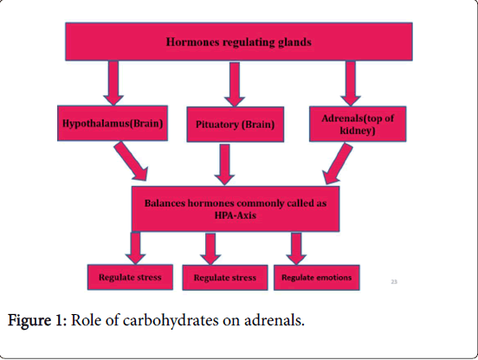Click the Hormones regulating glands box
(x=239, y=42)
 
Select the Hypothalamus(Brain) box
(x=113, y=123)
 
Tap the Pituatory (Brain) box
(x=235, y=125)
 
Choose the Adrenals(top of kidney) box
(x=358, y=124)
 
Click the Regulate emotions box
(x=317, y=278)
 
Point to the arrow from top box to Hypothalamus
(x=113, y=83)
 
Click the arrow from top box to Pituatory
(x=235, y=85)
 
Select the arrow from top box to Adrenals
(x=351, y=83)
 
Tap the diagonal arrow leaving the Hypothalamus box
(x=132, y=161)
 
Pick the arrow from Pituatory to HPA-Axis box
(x=224, y=164)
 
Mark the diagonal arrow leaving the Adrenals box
(x=337, y=164)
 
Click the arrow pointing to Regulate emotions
(x=296, y=248)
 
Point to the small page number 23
(x=394, y=282)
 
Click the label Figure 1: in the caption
(x=37, y=320)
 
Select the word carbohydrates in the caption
(x=171, y=321)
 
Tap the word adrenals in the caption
(x=274, y=320)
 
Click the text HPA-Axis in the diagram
(x=236, y=215)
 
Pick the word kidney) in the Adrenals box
(x=358, y=131)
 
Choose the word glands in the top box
(x=294, y=42)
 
